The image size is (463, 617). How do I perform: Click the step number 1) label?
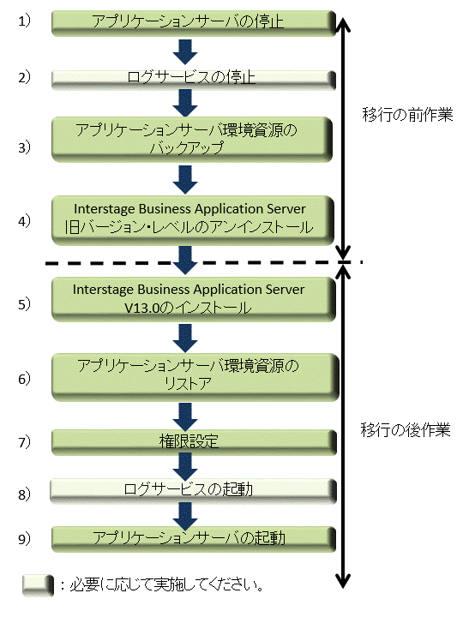(24, 21)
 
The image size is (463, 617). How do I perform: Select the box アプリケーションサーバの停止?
(194, 23)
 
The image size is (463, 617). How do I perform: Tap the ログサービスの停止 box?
(194, 80)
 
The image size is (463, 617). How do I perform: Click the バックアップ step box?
(192, 140)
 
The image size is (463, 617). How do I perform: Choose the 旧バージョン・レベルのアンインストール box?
(193, 220)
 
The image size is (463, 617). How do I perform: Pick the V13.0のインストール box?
(194, 299)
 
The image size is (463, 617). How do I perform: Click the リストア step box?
(195, 377)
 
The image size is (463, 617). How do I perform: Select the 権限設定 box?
(194, 442)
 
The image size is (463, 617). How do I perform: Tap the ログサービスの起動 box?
(193, 491)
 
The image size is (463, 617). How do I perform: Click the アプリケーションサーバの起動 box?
(194, 539)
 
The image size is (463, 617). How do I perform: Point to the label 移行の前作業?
(407, 115)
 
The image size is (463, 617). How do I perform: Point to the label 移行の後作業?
(406, 429)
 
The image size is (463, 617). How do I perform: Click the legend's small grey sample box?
(38, 585)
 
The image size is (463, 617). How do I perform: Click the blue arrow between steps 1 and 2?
(185, 52)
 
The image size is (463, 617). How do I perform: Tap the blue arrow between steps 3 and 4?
(185, 179)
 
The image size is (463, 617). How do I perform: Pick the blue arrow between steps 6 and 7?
(185, 416)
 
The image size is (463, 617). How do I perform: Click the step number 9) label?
(24, 539)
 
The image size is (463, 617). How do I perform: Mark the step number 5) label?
(24, 303)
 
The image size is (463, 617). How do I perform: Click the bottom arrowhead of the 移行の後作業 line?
(343, 582)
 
